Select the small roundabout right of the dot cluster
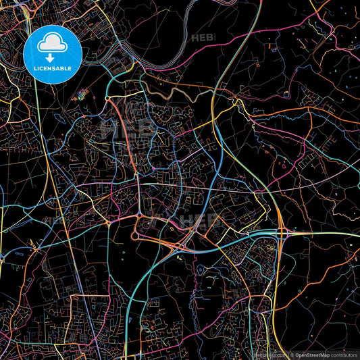click(108, 99)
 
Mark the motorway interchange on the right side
click(280, 233)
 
